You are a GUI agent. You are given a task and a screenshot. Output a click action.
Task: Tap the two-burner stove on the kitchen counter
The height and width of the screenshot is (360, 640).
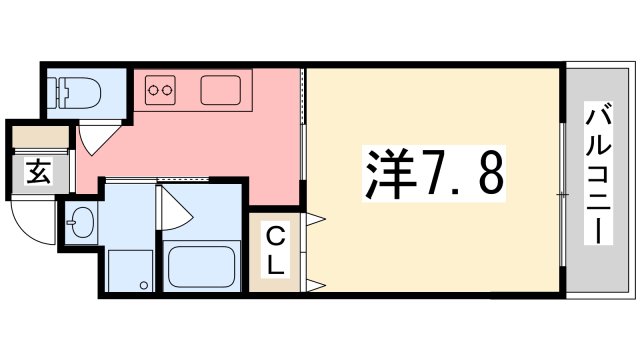pyautogui.click(x=160, y=91)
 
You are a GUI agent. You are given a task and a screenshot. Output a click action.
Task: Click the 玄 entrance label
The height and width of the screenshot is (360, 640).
pyautogui.click(x=37, y=173)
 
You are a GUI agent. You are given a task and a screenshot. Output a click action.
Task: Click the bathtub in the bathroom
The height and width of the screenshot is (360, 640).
pyautogui.click(x=200, y=267)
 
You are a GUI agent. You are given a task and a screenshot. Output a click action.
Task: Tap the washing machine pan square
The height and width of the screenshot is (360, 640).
pyautogui.click(x=130, y=270)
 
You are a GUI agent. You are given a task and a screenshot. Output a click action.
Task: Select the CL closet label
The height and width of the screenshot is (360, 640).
pyautogui.click(x=275, y=251)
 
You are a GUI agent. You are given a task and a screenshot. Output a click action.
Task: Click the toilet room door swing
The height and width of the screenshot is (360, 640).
pyautogui.click(x=95, y=140)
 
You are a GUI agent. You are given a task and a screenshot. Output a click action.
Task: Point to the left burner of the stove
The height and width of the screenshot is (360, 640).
pyautogui.click(x=153, y=91)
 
